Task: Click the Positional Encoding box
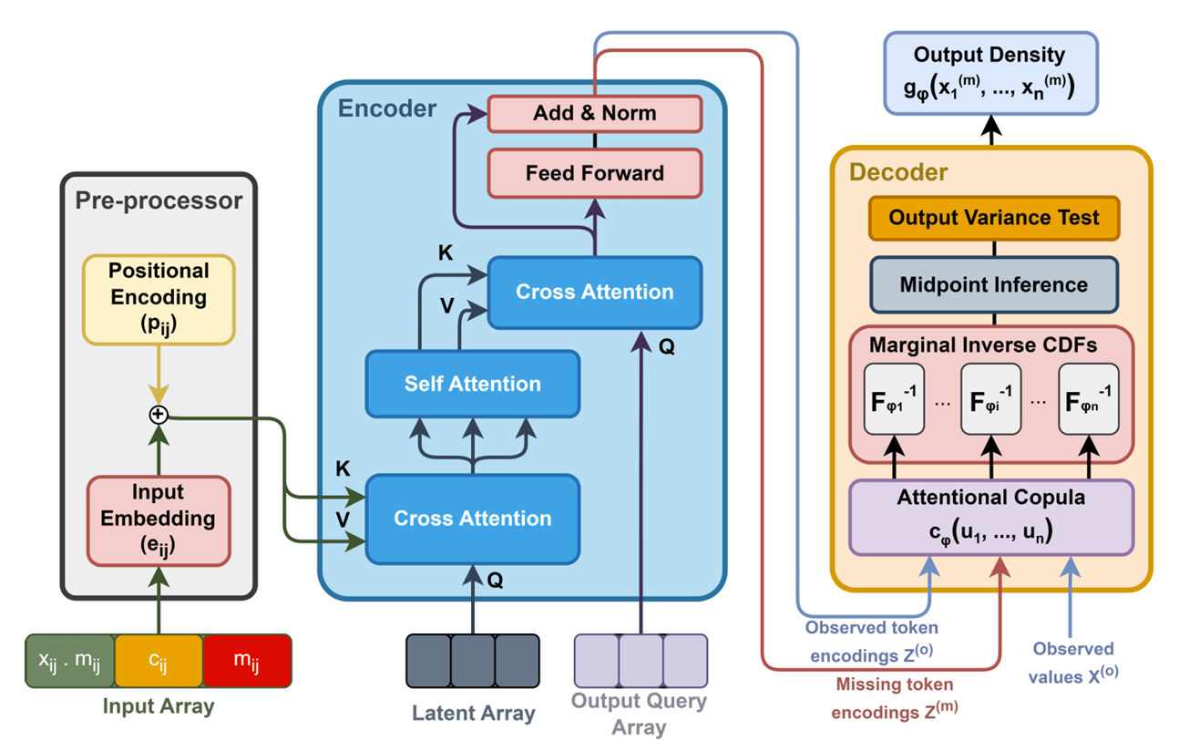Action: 159,298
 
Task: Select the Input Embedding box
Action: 159,519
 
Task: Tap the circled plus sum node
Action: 159,415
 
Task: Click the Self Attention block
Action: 472,384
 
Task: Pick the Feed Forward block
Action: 594,172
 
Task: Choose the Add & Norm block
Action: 594,114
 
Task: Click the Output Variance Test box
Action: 993,219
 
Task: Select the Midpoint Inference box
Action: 993,284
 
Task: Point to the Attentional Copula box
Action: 991,517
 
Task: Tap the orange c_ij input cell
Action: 159,659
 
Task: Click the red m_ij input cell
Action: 247,659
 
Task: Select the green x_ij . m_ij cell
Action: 70,659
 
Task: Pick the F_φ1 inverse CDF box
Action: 893,399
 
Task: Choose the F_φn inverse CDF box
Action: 1088,399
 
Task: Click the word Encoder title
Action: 387,109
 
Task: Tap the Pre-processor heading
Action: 159,201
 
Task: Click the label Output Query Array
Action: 640,714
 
